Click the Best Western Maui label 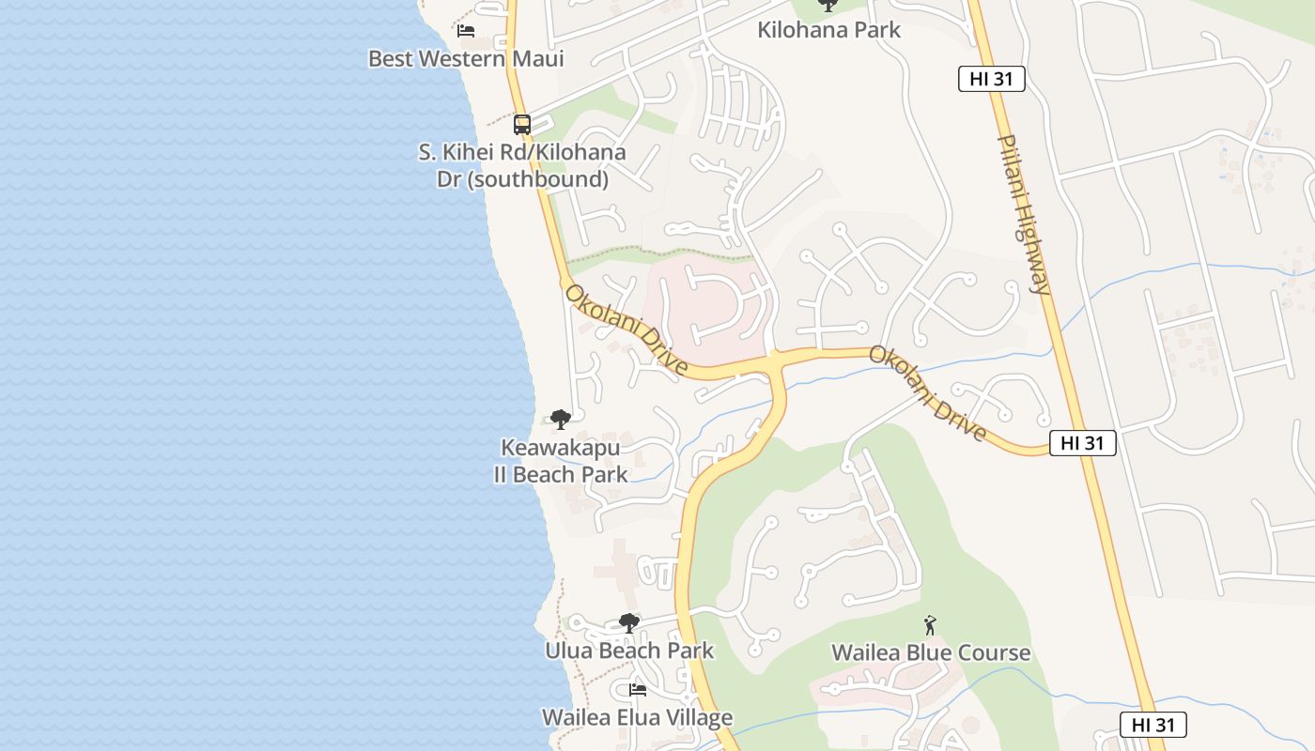pyautogui.click(x=466, y=59)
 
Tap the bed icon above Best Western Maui pyautogui.click(x=465, y=31)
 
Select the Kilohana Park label pyautogui.click(x=828, y=30)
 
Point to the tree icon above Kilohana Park pyautogui.click(x=828, y=5)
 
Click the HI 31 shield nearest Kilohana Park pyautogui.click(x=991, y=79)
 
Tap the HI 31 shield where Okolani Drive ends pyautogui.click(x=1082, y=443)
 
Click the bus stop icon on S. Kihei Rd pyautogui.click(x=522, y=124)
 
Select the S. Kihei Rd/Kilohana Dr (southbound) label pyautogui.click(x=522, y=165)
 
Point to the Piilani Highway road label pyautogui.click(x=1024, y=214)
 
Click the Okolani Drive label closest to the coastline pyautogui.click(x=627, y=330)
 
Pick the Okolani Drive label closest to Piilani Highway pyautogui.click(x=927, y=393)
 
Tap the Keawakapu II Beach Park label pyautogui.click(x=561, y=461)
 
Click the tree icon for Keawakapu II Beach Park pyautogui.click(x=561, y=419)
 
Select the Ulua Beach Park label pyautogui.click(x=629, y=651)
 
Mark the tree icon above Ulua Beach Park pyautogui.click(x=629, y=622)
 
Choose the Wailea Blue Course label pyautogui.click(x=931, y=652)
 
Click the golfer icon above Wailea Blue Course pyautogui.click(x=930, y=625)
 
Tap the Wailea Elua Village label pyautogui.click(x=637, y=718)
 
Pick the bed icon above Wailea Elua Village pyautogui.click(x=638, y=690)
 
